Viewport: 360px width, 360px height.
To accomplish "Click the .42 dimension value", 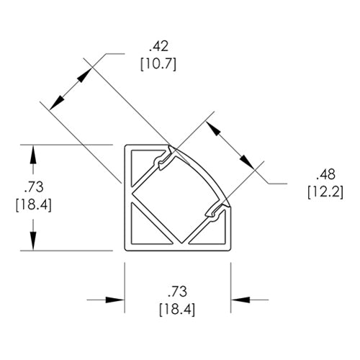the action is tap(158, 47).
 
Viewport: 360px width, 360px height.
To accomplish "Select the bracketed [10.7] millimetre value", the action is tap(158, 64).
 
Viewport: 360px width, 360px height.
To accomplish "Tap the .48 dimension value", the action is tap(325, 174).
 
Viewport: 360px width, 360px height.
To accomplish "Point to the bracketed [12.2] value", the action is tap(325, 192).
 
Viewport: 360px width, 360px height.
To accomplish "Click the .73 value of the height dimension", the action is tap(34, 187).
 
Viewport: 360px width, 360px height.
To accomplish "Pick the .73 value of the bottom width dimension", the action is tap(177, 292).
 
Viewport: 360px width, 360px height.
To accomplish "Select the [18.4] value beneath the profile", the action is tap(177, 310).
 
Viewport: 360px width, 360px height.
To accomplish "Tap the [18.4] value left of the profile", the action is tap(34, 205).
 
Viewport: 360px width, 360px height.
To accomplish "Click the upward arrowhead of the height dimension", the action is tap(33, 155).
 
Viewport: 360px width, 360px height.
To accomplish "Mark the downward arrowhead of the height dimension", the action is tap(33, 240).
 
